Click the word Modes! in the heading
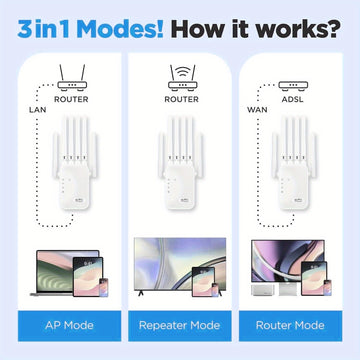120,29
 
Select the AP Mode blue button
69,326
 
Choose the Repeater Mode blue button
180,326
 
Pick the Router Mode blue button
290,326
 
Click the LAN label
38,110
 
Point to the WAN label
257,110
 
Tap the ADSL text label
293,99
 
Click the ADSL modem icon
293,86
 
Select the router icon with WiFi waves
182,78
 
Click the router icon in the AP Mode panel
72,78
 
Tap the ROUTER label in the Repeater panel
182,99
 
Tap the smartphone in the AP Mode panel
104,287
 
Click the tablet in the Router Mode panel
314,279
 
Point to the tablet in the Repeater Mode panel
204,282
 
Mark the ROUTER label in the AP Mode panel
71,99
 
